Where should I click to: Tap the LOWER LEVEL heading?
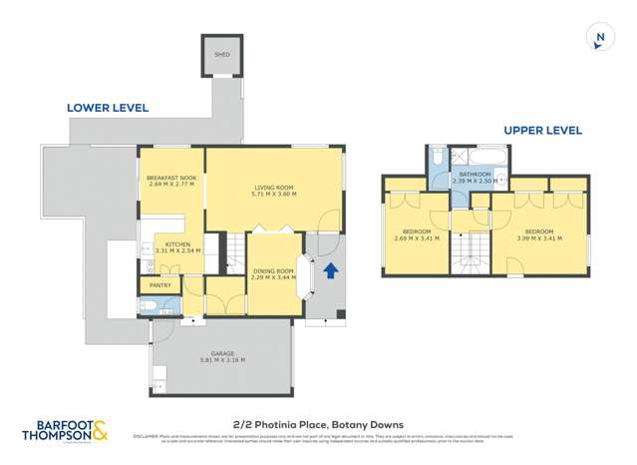(108, 108)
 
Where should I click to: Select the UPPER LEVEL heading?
(542, 131)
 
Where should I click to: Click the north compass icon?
(599, 38)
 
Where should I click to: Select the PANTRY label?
(159, 286)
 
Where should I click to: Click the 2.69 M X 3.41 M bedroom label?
(415, 236)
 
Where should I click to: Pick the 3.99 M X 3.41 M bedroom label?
(540, 236)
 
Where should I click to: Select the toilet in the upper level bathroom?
(438, 159)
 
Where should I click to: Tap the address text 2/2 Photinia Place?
(318, 422)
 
